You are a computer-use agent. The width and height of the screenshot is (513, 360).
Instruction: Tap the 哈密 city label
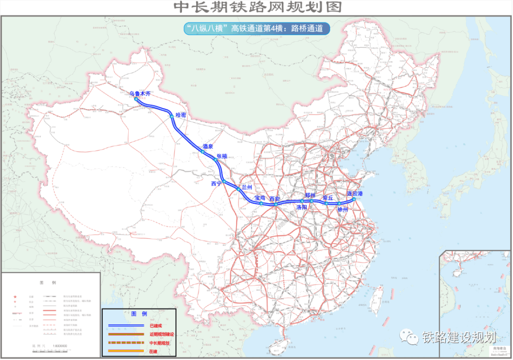(181, 115)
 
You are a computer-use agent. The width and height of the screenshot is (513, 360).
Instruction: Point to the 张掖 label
(222, 156)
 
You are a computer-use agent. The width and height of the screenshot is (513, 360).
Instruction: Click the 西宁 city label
(217, 183)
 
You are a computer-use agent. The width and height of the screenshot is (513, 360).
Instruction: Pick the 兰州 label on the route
(247, 187)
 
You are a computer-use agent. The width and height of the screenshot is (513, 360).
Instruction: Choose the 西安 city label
(275, 199)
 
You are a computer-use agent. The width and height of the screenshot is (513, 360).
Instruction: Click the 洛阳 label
(302, 208)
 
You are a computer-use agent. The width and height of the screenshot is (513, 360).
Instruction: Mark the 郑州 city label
(310, 195)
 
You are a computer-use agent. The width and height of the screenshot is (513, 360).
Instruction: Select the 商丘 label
(328, 197)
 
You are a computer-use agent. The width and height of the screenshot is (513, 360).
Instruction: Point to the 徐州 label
(342, 209)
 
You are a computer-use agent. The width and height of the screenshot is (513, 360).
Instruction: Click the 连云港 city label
(355, 193)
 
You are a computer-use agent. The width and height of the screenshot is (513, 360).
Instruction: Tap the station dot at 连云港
(354, 199)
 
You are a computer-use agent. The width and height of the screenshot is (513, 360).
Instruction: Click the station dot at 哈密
(171, 115)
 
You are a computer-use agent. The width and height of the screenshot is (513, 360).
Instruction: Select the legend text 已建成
(156, 325)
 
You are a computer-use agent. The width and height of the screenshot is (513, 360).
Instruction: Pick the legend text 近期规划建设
(161, 334)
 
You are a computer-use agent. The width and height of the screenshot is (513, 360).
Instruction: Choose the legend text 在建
(152, 351)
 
